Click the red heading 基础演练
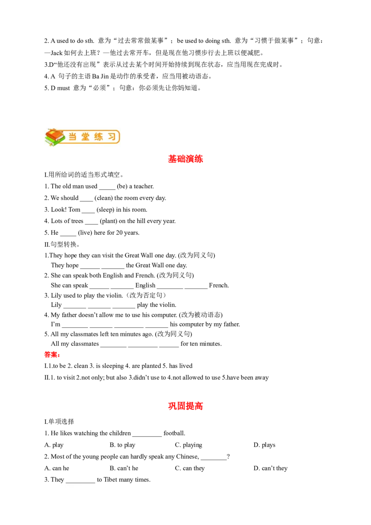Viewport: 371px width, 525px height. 185,159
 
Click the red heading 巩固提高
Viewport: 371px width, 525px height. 185,406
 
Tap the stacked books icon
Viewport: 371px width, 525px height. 55,137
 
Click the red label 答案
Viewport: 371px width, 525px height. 52,355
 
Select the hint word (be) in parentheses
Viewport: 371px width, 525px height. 122,186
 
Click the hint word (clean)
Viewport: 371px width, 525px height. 103,198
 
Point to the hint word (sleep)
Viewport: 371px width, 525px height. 105,210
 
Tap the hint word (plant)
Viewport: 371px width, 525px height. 109,221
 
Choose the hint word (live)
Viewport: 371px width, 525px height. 85,233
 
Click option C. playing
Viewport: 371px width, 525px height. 188,445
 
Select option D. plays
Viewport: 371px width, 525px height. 264,445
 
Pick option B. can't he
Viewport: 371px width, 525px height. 124,468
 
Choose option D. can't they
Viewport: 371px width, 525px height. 270,468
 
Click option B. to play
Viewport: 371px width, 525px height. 122,445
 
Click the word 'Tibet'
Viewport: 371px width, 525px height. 110,480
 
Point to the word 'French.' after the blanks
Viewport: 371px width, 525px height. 219,285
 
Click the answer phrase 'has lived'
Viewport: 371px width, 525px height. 181,365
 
